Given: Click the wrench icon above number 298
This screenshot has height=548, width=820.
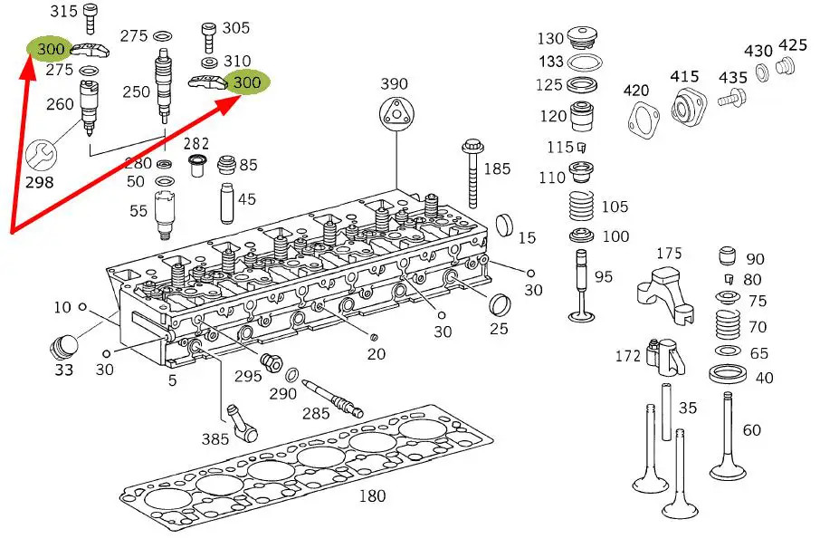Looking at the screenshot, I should click(x=39, y=155).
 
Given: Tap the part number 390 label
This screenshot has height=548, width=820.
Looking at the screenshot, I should click(x=394, y=83).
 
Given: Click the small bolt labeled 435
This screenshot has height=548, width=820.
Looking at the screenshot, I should click(x=731, y=99).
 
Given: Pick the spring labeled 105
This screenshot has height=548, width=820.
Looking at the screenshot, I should click(x=584, y=210).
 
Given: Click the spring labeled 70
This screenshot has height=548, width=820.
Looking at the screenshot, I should click(x=728, y=326).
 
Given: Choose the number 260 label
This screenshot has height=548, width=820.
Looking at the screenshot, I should click(x=60, y=104).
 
